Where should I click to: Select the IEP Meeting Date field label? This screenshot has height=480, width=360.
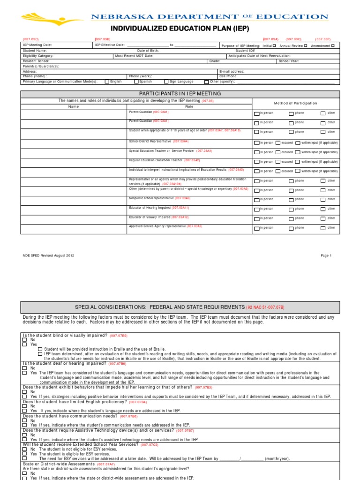pyautogui.click(x=37, y=45)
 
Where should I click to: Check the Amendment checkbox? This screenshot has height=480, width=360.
pyautogui.click(x=333, y=45)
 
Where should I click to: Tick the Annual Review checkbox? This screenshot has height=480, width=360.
pyautogui.click(x=306, y=45)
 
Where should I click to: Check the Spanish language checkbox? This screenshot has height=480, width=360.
pyautogui.click(x=136, y=81)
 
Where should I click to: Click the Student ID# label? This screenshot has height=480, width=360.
pyautogui.click(x=245, y=51)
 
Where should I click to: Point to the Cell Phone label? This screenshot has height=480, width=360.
pyautogui.click(x=228, y=76)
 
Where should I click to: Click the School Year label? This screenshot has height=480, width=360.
pyautogui.click(x=289, y=61)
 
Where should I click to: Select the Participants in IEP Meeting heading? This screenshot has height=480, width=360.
pyautogui.click(x=180, y=93)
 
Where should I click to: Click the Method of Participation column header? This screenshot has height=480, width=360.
pyautogui.click(x=295, y=103)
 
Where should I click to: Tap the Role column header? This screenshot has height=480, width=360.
pyautogui.click(x=189, y=106)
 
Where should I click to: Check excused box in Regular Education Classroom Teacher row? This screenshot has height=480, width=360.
pyautogui.click(x=278, y=162)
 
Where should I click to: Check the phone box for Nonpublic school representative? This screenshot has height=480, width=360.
pyautogui.click(x=291, y=200)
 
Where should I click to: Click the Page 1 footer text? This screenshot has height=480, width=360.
pyautogui.click(x=326, y=255)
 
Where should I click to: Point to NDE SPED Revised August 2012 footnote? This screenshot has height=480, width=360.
pyautogui.click(x=48, y=255)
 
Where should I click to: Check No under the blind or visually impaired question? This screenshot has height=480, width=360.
pyautogui.click(x=25, y=340)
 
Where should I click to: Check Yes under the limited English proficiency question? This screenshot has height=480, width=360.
pyautogui.click(x=25, y=411)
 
